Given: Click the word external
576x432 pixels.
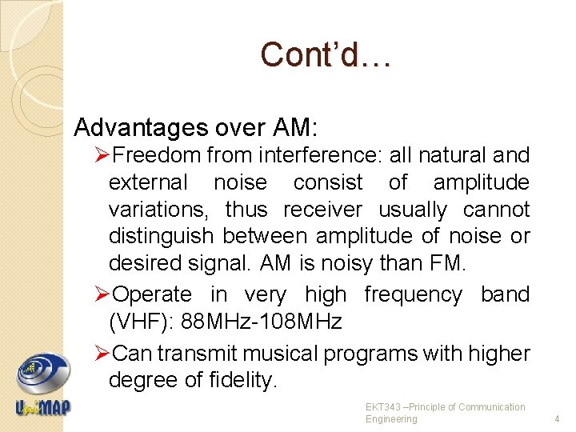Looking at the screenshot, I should [x=148, y=182].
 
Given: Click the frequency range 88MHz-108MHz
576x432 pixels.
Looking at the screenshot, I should [x=262, y=322].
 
